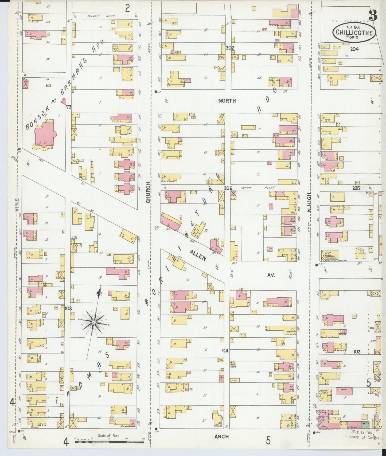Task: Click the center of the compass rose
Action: coord(94,322)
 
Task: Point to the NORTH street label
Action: coord(227,101)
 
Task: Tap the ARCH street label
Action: coord(221,437)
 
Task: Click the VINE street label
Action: coord(17,205)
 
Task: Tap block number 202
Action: coord(230,48)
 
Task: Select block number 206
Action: coord(228,188)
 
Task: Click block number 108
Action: coord(68,309)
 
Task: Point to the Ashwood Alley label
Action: coord(101,16)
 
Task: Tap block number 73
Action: coord(69,107)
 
